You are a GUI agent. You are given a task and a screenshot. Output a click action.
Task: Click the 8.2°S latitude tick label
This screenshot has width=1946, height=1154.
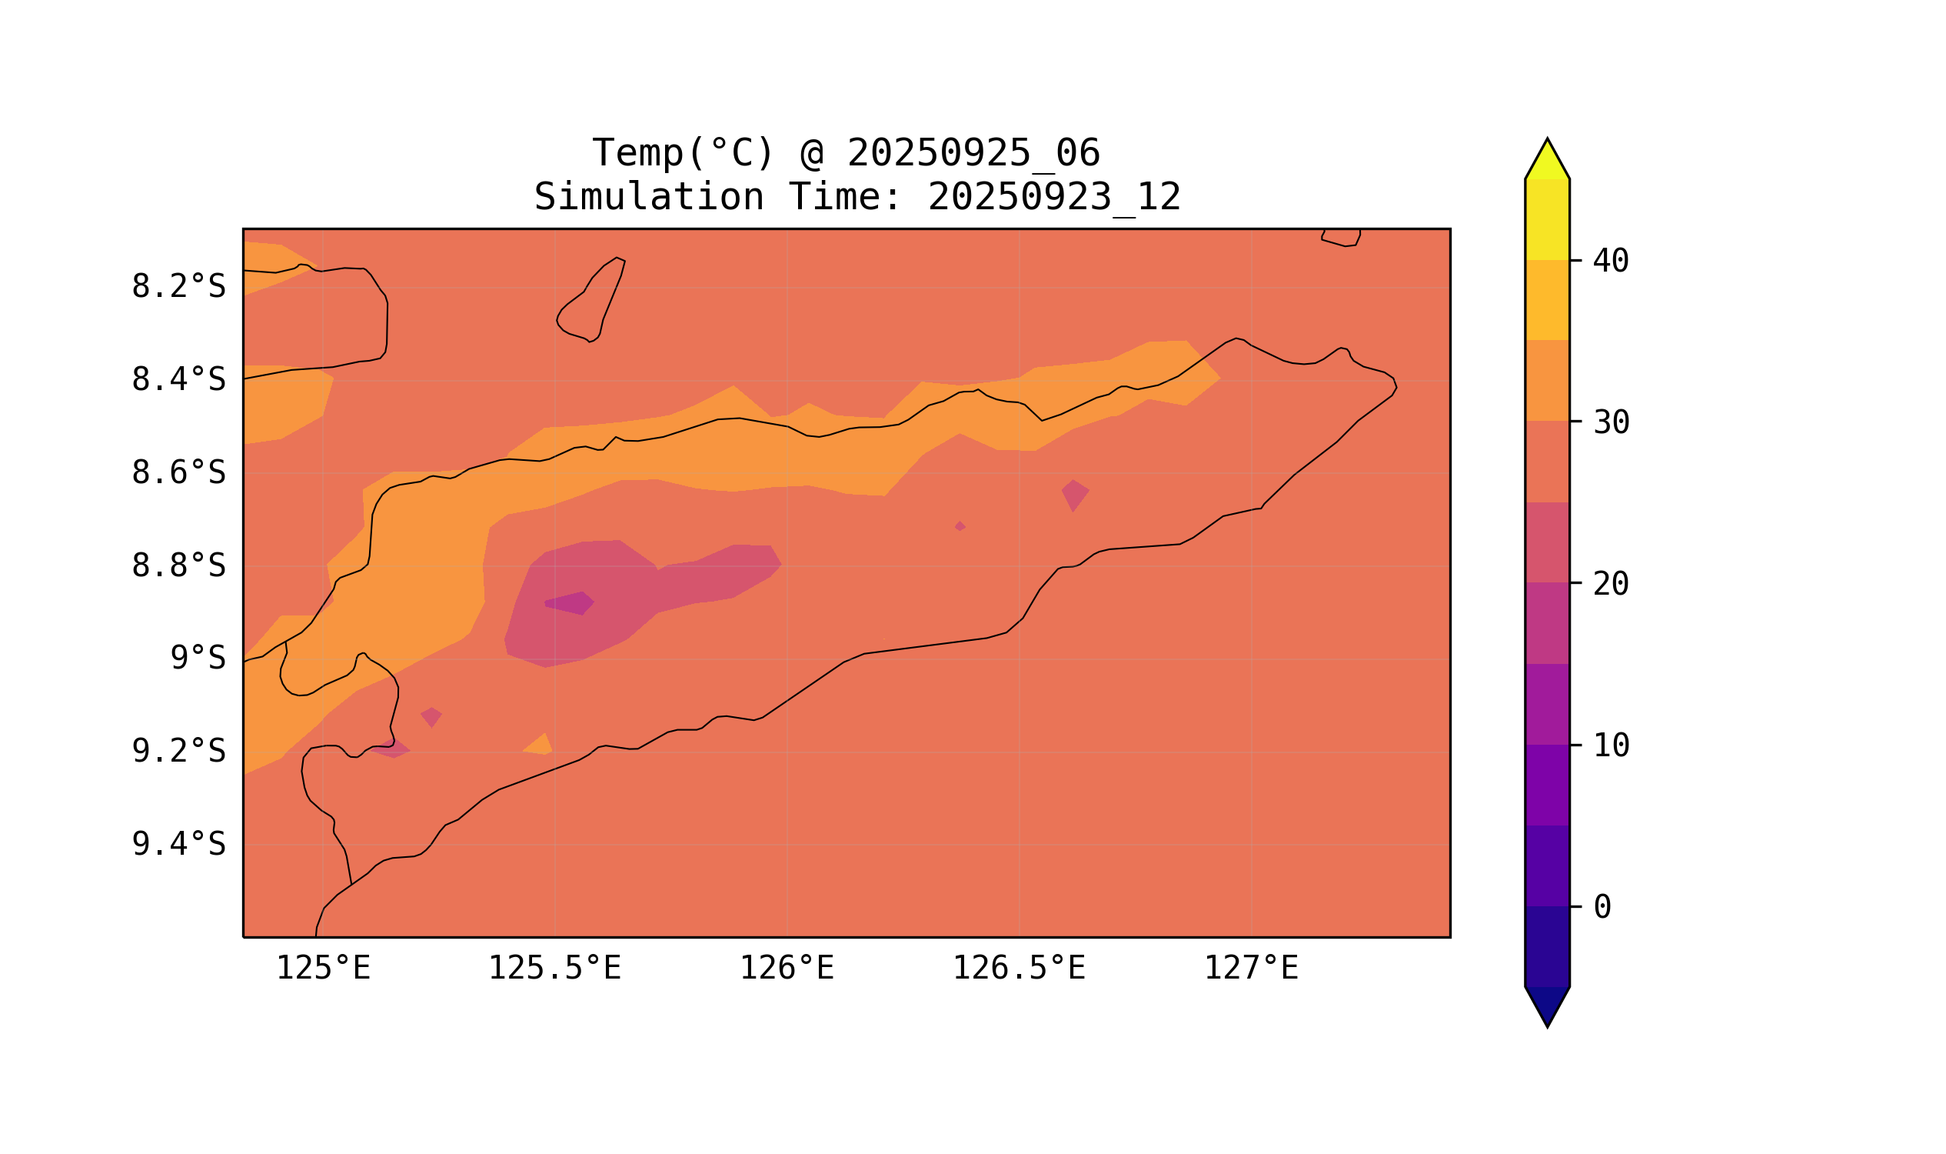[x=178, y=287]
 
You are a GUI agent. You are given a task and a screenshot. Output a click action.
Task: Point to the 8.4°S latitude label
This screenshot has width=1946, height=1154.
[x=178, y=380]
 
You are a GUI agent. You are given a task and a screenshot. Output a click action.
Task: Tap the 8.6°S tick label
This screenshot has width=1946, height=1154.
[x=178, y=473]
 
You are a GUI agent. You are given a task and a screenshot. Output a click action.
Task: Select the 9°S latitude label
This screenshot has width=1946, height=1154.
[x=198, y=659]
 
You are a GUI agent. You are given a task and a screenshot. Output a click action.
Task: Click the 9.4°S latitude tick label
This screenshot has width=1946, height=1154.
[x=178, y=844]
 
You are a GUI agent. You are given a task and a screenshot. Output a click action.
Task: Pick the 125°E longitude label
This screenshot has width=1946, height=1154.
[x=323, y=969]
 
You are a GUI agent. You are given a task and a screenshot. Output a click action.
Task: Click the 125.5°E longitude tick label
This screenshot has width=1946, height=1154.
[x=554, y=969]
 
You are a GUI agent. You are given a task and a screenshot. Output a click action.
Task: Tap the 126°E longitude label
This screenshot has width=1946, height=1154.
[x=787, y=969]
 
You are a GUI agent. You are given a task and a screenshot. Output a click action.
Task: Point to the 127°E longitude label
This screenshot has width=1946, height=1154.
[x=1250, y=969]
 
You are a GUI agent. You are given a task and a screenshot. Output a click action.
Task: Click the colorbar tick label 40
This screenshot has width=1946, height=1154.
[x=1610, y=262]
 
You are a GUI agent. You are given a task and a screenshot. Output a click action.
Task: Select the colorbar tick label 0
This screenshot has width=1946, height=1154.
[x=1602, y=907]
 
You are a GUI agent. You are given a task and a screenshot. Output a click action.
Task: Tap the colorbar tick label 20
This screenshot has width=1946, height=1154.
[x=1610, y=584]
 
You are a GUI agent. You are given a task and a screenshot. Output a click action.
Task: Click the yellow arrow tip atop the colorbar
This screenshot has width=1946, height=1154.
[x=1546, y=159]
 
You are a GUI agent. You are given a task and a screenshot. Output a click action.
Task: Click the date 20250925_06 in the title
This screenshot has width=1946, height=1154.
[x=973, y=153]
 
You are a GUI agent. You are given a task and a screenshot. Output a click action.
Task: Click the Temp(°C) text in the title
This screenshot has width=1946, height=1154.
[x=682, y=153]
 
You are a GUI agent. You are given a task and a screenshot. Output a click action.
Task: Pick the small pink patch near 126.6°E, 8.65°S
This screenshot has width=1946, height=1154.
[x=1075, y=495]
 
